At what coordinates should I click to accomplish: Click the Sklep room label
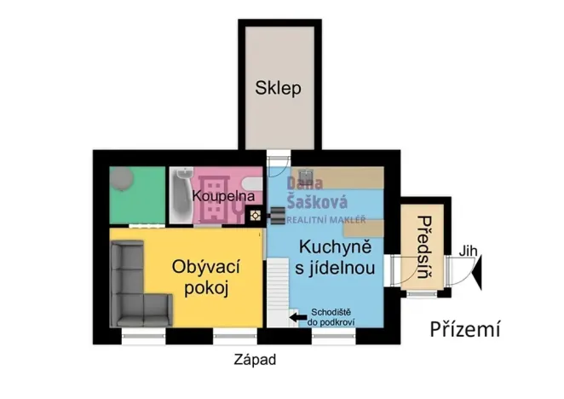pos(279,89)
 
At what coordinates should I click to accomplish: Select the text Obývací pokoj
pos(206,278)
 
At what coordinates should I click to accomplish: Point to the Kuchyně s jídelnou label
pos(336,258)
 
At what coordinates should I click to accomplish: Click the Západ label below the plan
pos(255,361)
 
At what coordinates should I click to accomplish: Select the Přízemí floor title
pos(464,329)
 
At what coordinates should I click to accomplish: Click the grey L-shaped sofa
pos(136,286)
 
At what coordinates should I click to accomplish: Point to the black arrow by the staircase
pos(297,318)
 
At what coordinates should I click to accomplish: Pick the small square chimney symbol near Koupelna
pos(255,217)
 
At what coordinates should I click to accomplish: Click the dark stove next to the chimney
pos(278,216)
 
